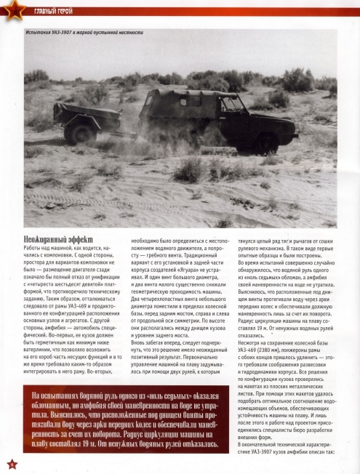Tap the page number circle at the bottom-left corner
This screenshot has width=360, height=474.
point(10,463)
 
